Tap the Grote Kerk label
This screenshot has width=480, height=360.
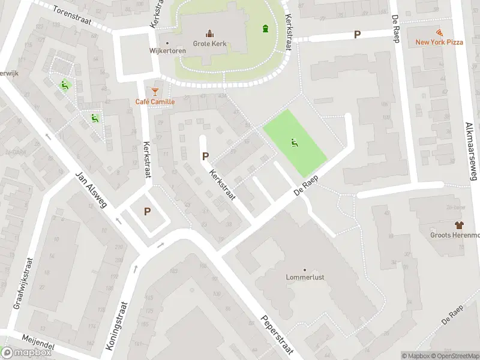[209, 43]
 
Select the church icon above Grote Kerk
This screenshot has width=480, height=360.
[209, 33]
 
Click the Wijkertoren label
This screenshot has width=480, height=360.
[167, 51]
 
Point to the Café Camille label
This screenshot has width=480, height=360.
[155, 101]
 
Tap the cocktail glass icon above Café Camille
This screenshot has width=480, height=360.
[155, 91]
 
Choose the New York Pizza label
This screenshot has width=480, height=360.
[439, 42]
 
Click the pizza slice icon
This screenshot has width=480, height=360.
[439, 31]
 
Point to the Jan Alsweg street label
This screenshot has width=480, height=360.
[91, 190]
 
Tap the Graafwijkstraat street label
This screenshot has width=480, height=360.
[23, 281]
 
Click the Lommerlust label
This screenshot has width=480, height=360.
[305, 278]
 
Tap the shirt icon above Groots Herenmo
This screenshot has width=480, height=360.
[459, 225]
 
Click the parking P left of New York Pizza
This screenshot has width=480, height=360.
[358, 35]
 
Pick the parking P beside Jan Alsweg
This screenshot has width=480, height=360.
[147, 211]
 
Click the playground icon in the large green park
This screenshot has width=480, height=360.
[294, 143]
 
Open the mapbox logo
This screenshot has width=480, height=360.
[27, 353]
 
